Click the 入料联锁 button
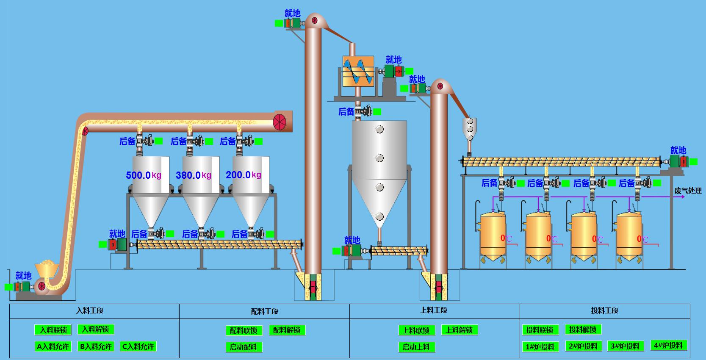click(x=53, y=330)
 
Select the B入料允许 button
click(x=96, y=346)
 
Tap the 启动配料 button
click(x=244, y=347)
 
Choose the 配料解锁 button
click(x=287, y=330)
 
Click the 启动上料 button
click(x=417, y=347)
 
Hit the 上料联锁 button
click(x=417, y=330)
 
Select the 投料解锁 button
click(x=583, y=330)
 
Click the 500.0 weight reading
click(x=138, y=175)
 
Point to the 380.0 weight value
click(x=188, y=175)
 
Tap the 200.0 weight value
click(x=238, y=174)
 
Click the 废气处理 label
click(x=688, y=191)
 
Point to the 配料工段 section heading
click(x=265, y=311)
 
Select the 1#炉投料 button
click(x=540, y=347)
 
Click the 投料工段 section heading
click(x=604, y=310)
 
